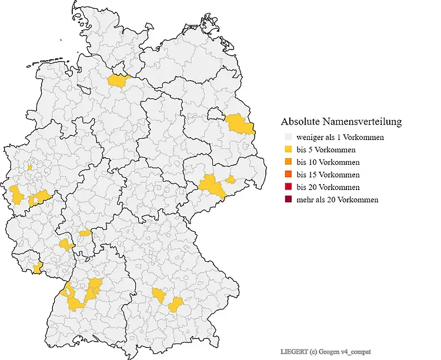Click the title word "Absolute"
(300, 122)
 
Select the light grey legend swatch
(287, 137)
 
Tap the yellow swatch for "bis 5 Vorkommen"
(287, 149)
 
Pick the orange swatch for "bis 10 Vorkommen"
(287, 162)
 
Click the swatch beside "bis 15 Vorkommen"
(287, 175)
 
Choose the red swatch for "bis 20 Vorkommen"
(287, 187)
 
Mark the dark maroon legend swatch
(287, 199)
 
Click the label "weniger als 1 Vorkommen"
(340, 137)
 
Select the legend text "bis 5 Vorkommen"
(326, 149)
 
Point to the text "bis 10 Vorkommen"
(328, 162)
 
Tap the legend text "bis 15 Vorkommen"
(328, 175)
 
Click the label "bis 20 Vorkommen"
(328, 187)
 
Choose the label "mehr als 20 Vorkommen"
(338, 199)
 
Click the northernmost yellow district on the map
(119, 81)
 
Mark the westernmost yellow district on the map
(15, 193)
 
